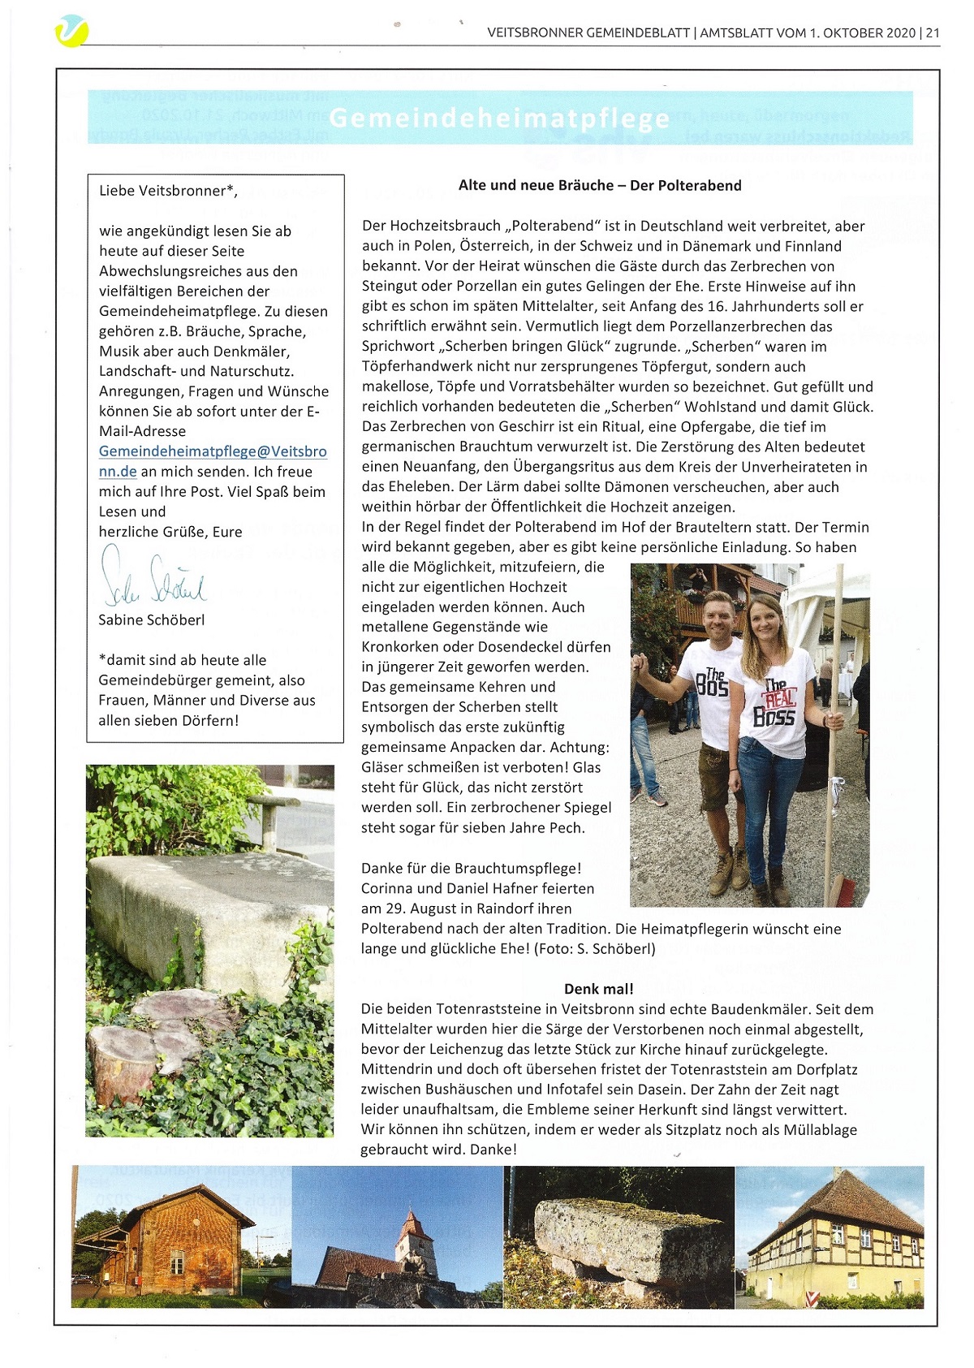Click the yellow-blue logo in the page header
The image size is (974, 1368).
pyautogui.click(x=71, y=32)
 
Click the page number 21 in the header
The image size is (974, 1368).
pyautogui.click(x=932, y=33)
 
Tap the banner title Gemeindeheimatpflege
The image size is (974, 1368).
pyautogui.click(x=500, y=119)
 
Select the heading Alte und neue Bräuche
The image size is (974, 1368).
pyautogui.click(x=600, y=185)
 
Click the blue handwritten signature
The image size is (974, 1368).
pyautogui.click(x=153, y=578)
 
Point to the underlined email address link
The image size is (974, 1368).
pyautogui.click(x=213, y=460)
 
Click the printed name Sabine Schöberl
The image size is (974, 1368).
pyautogui.click(x=152, y=619)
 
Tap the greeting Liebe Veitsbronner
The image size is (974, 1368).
pyautogui.click(x=168, y=191)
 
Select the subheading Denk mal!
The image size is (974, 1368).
pyautogui.click(x=599, y=989)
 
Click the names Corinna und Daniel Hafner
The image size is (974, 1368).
pyautogui.click(x=477, y=888)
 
